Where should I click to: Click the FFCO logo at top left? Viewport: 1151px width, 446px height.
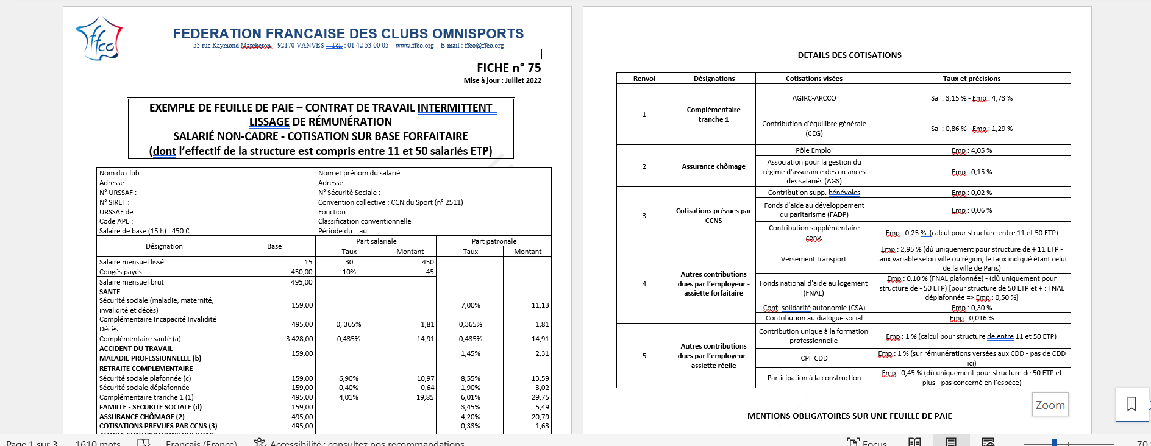99,40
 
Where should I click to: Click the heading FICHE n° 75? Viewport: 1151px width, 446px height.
508,68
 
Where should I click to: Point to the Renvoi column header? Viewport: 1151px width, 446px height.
644,79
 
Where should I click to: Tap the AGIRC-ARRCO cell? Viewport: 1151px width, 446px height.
814,98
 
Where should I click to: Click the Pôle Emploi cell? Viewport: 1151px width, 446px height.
814,150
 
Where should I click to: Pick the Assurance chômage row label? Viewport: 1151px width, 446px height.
713,166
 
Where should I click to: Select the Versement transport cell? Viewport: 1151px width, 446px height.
813,259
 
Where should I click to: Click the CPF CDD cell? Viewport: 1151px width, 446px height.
814,358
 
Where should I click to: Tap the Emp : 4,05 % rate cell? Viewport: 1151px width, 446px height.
971,150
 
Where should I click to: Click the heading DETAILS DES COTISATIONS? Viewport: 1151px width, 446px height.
849,55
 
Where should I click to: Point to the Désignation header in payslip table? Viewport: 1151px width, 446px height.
164,246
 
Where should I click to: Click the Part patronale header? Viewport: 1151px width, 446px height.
494,241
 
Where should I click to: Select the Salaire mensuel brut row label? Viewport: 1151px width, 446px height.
132,282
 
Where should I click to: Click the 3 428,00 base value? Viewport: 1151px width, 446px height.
299,339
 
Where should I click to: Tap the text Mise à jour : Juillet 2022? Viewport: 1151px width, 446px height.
502,80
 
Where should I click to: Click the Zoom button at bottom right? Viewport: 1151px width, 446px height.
1050,405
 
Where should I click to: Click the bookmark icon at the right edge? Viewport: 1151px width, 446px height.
1131,404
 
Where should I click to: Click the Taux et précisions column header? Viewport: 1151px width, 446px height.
971,79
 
